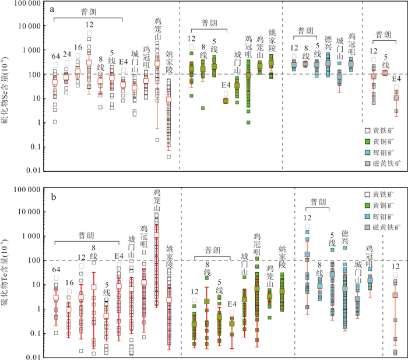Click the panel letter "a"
click(x=53, y=9)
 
